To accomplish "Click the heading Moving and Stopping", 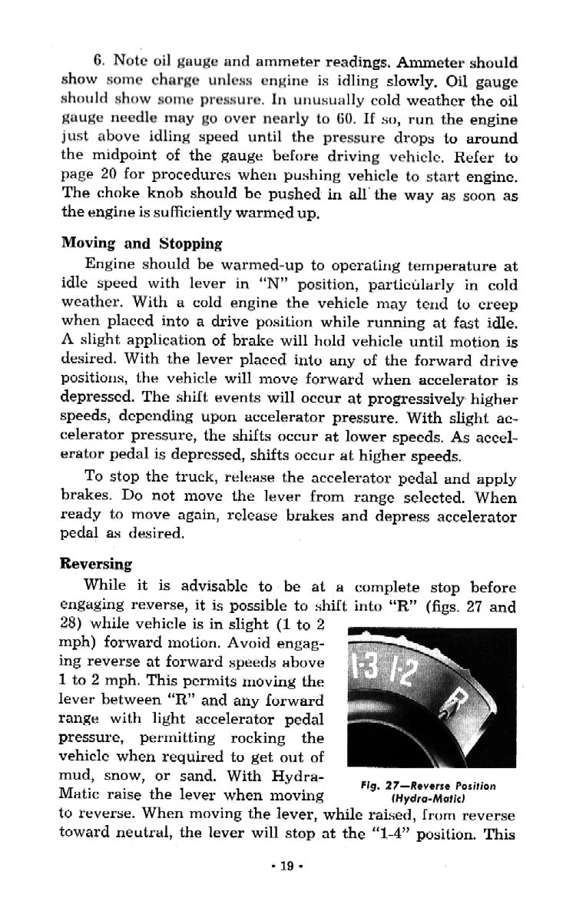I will pyautogui.click(x=141, y=244).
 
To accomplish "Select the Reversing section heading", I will pyautogui.click(x=96, y=562).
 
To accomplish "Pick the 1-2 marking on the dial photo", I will pyautogui.click(x=406, y=675).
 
